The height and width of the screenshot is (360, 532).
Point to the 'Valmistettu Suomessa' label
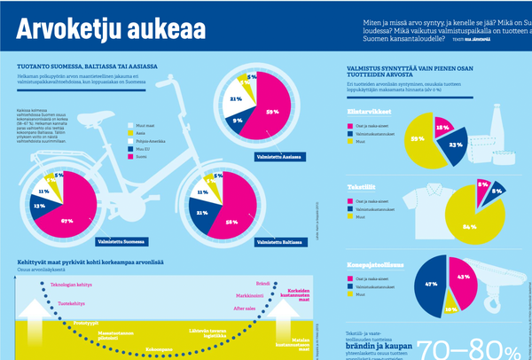(121, 240)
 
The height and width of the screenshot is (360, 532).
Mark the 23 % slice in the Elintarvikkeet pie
(456, 142)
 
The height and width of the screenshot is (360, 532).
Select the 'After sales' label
(245, 308)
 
